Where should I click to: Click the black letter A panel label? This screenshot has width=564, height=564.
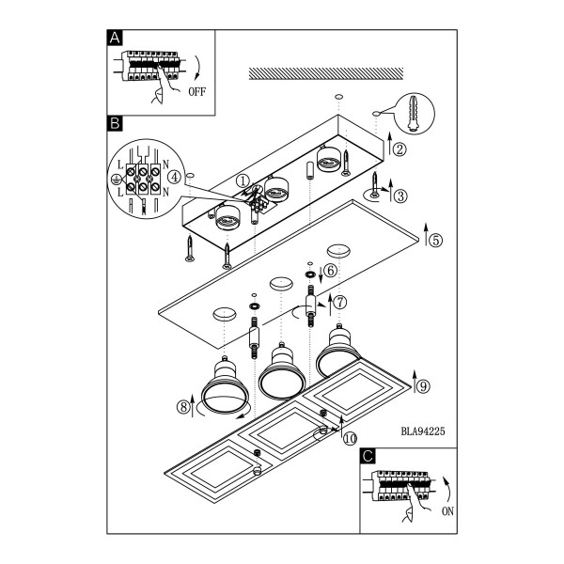pyautogui.click(x=115, y=38)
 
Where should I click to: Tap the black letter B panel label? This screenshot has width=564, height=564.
pyautogui.click(x=115, y=123)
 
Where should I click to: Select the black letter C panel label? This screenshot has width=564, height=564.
pyautogui.click(x=368, y=456)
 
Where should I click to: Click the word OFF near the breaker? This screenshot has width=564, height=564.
pyautogui.click(x=197, y=92)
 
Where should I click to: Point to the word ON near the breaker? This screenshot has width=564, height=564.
pyautogui.click(x=447, y=510)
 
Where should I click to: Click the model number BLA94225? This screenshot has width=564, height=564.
pyautogui.click(x=423, y=431)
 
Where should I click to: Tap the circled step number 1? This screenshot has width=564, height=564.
pyautogui.click(x=243, y=180)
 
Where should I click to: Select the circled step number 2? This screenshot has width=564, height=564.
pyautogui.click(x=399, y=149)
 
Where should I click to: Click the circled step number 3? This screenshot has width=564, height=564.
pyautogui.click(x=400, y=196)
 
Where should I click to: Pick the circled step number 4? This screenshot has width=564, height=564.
pyautogui.click(x=175, y=178)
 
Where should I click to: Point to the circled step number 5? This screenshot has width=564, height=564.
pyautogui.click(x=435, y=240)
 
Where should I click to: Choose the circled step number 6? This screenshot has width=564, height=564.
pyautogui.click(x=331, y=271)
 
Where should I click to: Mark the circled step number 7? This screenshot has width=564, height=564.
pyautogui.click(x=340, y=302)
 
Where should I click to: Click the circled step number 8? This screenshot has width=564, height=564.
pyautogui.click(x=183, y=407)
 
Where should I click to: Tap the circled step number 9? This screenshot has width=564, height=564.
pyautogui.click(x=423, y=386)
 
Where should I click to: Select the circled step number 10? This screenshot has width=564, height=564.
pyautogui.click(x=350, y=438)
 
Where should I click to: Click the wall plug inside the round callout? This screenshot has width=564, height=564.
pyautogui.click(x=414, y=113)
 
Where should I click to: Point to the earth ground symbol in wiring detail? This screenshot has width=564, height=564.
pyautogui.click(x=116, y=180)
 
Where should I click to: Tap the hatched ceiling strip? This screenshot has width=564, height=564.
pyautogui.click(x=326, y=73)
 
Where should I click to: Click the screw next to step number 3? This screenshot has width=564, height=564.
pyautogui.click(x=375, y=184)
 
